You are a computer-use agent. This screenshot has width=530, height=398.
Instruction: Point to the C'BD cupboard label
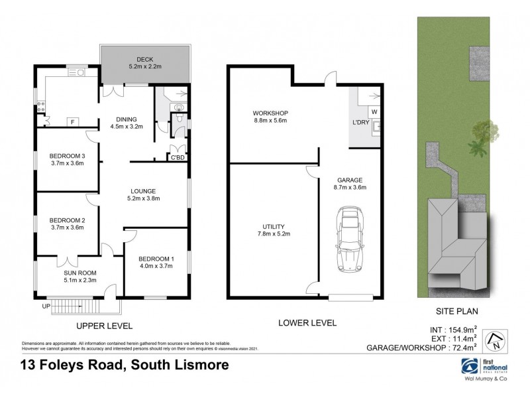coord(177,157)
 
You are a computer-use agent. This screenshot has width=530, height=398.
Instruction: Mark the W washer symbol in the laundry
coord(373,111)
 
